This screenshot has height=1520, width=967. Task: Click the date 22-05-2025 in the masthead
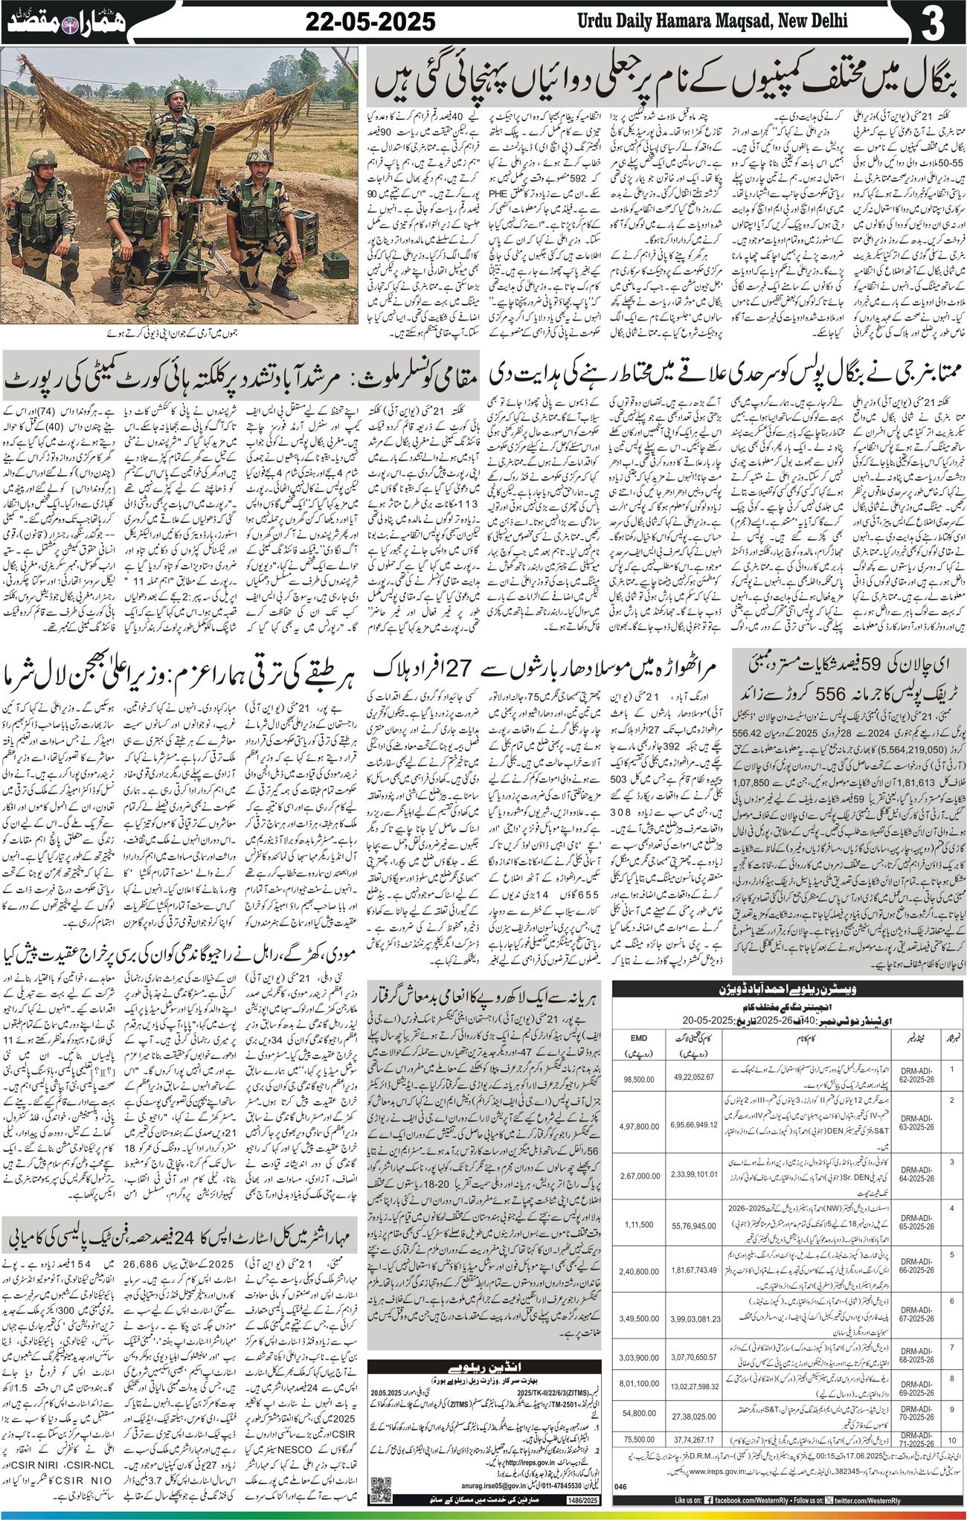point(370,23)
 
